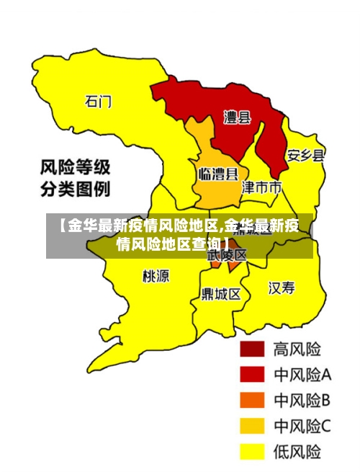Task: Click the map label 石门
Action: [x=98, y=101]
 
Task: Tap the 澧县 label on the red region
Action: [x=238, y=117]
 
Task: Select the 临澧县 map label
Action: [x=217, y=174]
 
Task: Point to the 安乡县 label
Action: [x=305, y=155]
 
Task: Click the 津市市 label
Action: [x=261, y=188]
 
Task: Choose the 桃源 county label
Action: [x=156, y=276]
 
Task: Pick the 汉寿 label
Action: [x=282, y=289]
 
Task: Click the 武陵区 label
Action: [x=227, y=255]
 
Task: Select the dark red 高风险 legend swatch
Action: [x=252, y=349]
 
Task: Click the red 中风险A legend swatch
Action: [x=252, y=375]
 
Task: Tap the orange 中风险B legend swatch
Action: [x=252, y=401]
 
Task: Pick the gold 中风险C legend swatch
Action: [x=252, y=426]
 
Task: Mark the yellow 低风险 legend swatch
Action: [x=252, y=452]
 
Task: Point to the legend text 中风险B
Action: [x=302, y=401]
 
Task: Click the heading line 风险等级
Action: [x=74, y=169]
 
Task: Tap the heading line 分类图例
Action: [x=74, y=190]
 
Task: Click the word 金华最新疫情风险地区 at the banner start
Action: [x=137, y=226]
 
